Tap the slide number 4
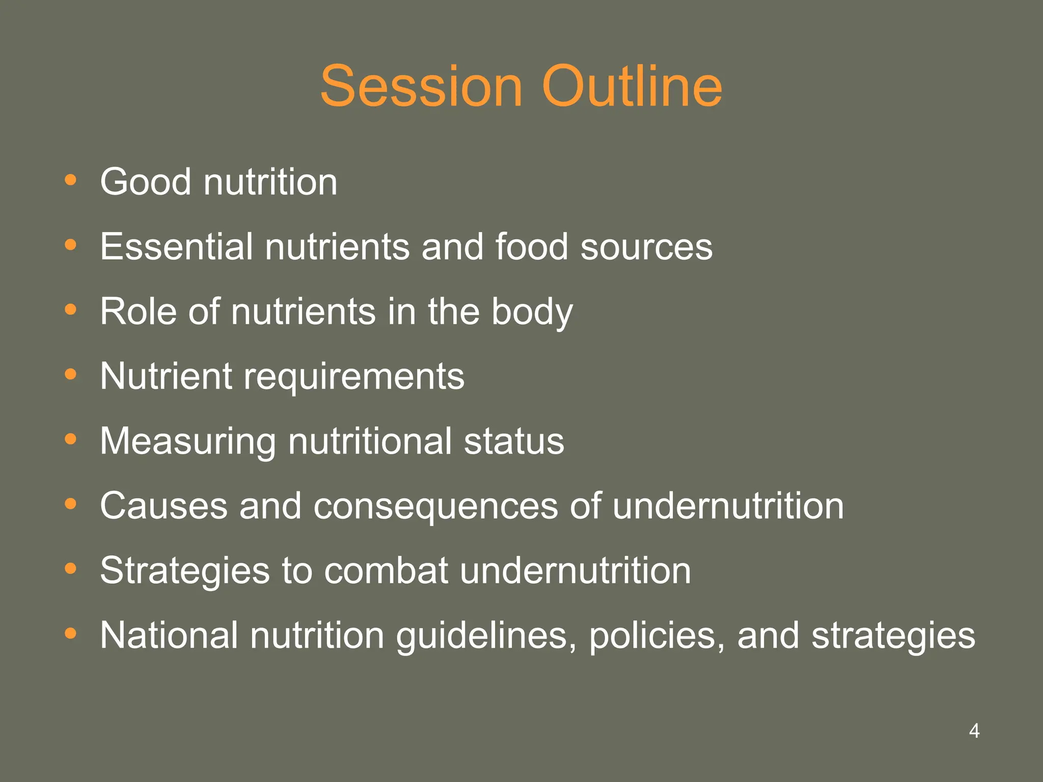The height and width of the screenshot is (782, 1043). pyautogui.click(x=974, y=731)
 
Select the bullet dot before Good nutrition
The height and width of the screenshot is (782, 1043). pyautogui.click(x=71, y=180)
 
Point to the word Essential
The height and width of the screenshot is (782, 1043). pyautogui.click(x=176, y=247)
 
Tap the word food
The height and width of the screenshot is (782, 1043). pyautogui.click(x=531, y=247)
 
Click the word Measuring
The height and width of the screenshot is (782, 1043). pyautogui.click(x=187, y=442)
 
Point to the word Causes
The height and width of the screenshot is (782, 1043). pyautogui.click(x=163, y=506)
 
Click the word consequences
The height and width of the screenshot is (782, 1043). pyautogui.click(x=435, y=507)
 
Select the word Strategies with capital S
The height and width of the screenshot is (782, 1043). pyautogui.click(x=184, y=571)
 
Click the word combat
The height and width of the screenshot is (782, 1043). pyautogui.click(x=386, y=571)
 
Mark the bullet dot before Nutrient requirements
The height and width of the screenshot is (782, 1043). pyautogui.click(x=71, y=375)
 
